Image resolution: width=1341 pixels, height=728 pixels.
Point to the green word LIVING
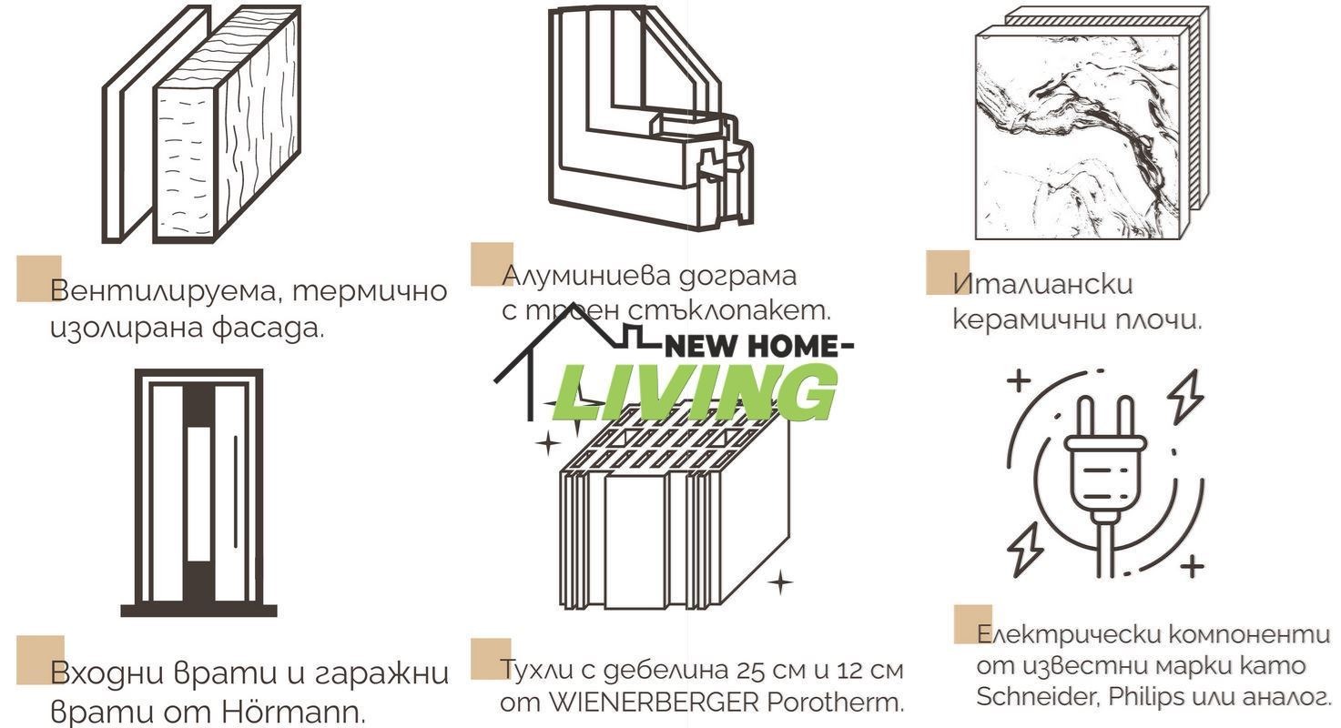pos(695,393)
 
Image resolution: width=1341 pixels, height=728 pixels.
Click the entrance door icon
pos(198,492)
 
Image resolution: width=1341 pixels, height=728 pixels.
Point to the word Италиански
pos(1043,283)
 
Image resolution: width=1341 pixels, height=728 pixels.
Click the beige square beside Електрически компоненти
pos(972,624)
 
